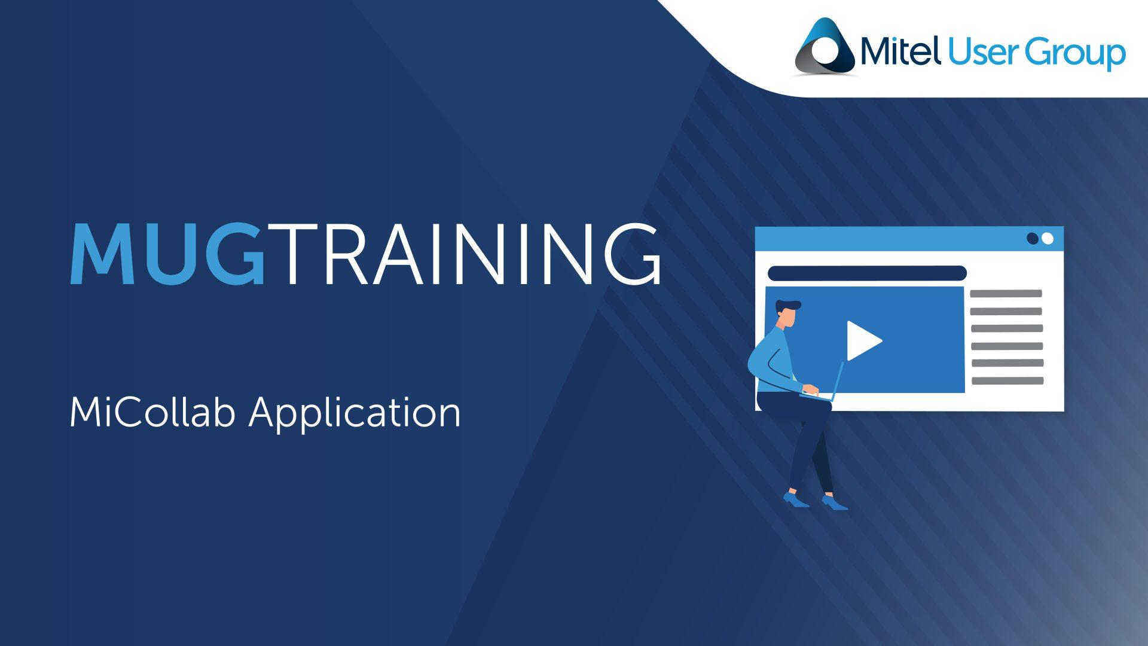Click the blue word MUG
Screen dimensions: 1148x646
(x=167, y=254)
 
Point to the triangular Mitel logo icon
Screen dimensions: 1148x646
(x=825, y=46)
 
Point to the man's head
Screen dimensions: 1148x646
(x=788, y=313)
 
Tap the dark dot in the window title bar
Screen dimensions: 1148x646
(x=1033, y=239)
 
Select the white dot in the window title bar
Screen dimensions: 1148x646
(x=1047, y=239)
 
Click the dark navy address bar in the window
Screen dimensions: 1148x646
(x=867, y=273)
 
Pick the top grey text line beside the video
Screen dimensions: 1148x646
(x=1006, y=294)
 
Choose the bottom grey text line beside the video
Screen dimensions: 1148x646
(x=1007, y=380)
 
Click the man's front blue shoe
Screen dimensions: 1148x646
(x=835, y=502)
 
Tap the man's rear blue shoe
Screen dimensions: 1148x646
(x=796, y=499)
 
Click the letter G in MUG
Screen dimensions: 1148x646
(x=236, y=254)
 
